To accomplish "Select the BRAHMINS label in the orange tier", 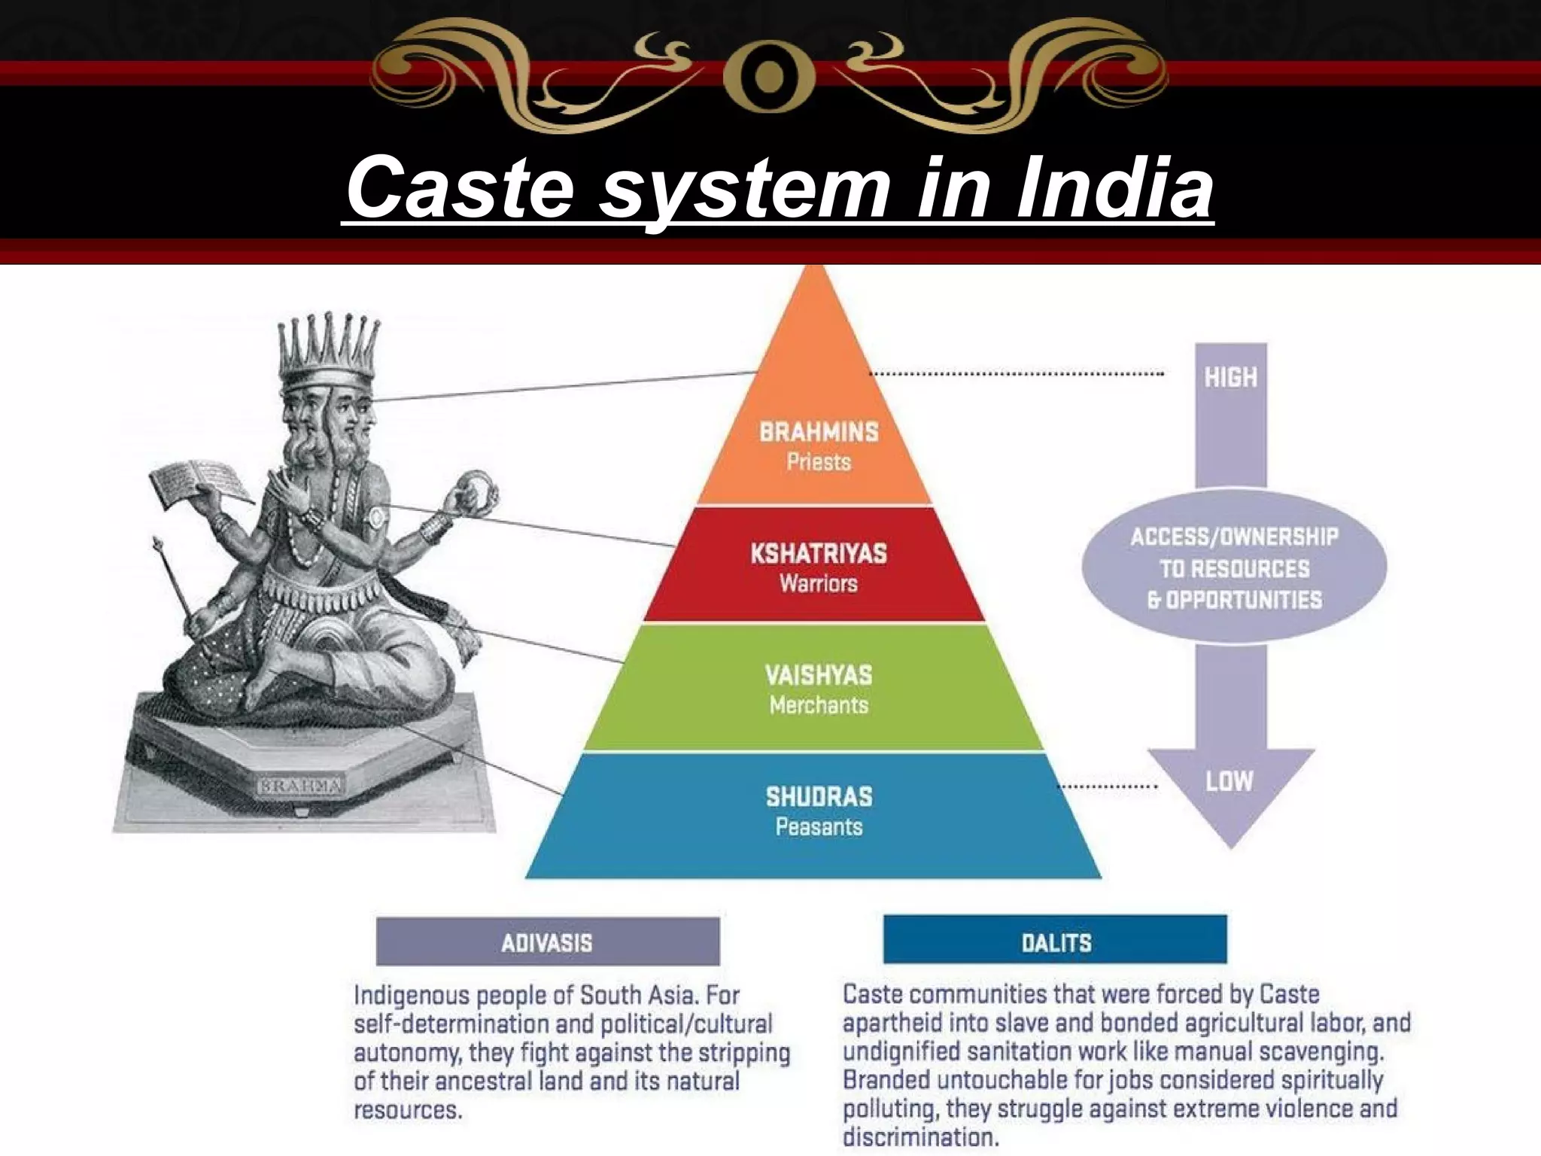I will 819,432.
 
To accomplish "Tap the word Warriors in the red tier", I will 819,584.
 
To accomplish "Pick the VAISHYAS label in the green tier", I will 819,675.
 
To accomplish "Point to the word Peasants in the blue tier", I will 819,827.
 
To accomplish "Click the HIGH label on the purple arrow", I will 1231,377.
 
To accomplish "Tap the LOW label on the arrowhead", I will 1229,781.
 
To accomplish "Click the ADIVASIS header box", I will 547,942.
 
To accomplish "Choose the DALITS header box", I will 1055,942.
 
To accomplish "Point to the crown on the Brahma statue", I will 328,350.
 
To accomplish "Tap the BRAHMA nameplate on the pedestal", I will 301,786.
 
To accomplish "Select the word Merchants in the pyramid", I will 819,705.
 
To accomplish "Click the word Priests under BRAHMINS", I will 819,461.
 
